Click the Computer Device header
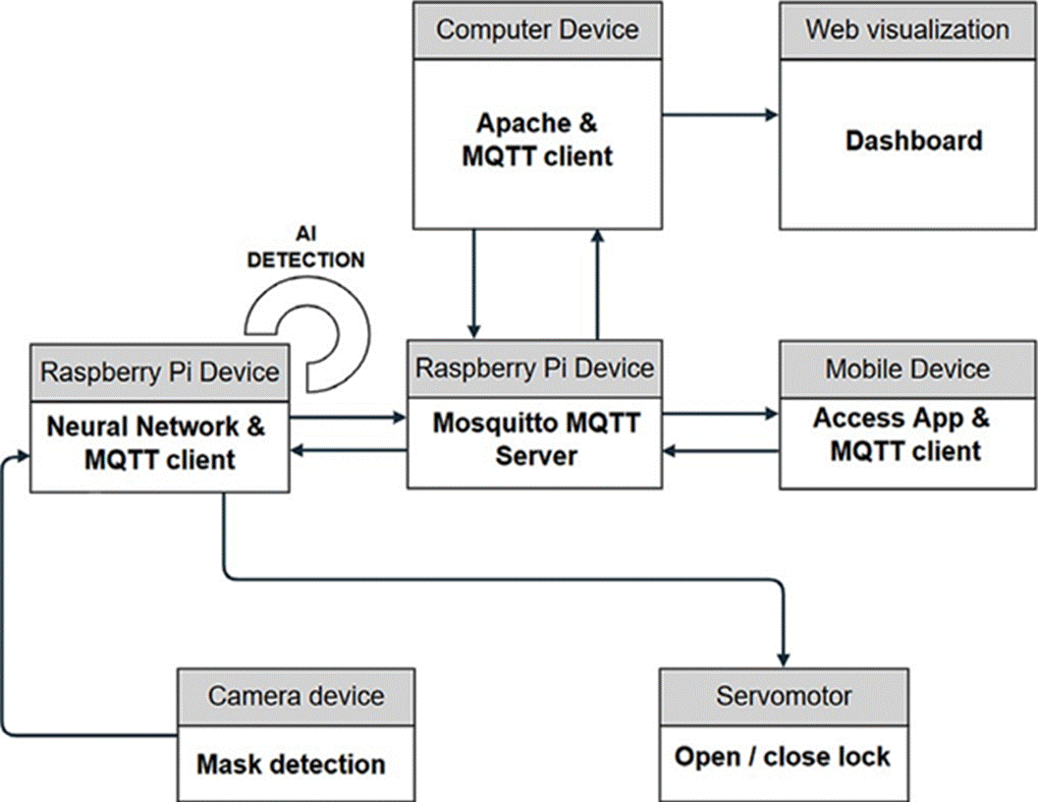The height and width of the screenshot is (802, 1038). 536,29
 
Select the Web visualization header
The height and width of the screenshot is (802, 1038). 907,29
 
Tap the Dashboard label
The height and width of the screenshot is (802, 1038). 913,141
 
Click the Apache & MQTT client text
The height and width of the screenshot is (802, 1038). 536,140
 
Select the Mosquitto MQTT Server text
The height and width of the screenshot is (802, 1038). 536,438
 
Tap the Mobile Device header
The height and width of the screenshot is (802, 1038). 907,369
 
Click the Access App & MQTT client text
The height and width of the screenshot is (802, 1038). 904,433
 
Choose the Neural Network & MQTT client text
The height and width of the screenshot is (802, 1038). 156,442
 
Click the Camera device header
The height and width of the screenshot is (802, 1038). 296,696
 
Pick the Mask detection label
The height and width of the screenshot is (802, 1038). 291,764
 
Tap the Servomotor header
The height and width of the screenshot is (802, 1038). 784,696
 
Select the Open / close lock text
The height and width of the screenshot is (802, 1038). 783,757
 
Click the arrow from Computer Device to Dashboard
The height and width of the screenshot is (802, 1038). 721,115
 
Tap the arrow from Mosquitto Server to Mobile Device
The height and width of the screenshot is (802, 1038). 721,414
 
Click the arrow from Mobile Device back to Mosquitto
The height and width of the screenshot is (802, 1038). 721,451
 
